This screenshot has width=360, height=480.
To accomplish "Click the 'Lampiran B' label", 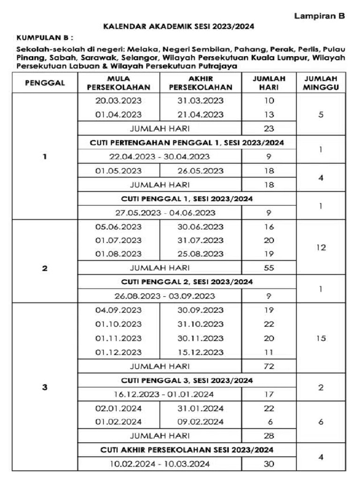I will tap(319, 16).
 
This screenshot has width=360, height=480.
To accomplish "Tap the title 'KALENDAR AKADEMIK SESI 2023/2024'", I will tap(179, 27).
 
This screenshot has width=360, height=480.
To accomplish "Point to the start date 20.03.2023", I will tap(118, 101).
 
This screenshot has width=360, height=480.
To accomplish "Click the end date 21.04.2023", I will tap(200, 114).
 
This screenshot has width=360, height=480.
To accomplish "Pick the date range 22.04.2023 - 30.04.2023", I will tap(159, 156).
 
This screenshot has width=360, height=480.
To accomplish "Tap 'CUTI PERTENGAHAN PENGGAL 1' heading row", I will tap(187, 142).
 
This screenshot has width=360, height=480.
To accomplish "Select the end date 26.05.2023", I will tap(200, 171).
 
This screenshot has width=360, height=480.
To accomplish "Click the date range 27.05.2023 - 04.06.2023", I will tap(165, 212).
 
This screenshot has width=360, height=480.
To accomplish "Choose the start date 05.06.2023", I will tap(118, 227).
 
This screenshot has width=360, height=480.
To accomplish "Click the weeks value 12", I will tap(321, 247).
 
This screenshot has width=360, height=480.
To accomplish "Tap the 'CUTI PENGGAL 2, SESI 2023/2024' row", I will tap(187, 282).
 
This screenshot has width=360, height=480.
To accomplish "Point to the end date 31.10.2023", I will tap(200, 324).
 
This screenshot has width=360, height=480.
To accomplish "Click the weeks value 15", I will tap(321, 338).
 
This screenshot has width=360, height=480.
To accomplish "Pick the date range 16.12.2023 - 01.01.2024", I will tap(159, 394).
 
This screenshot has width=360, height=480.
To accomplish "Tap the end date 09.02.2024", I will tap(200, 421).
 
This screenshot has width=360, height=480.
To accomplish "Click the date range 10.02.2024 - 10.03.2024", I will tap(159, 464).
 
